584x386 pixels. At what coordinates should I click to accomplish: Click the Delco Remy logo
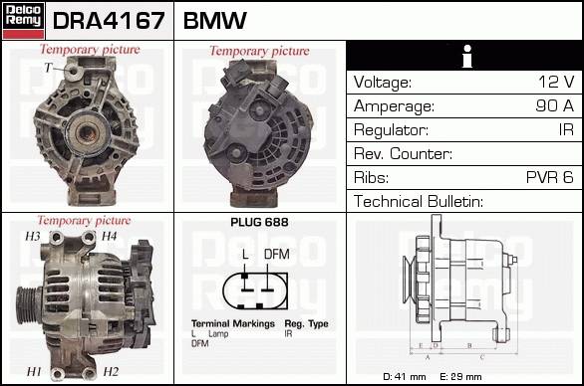click(23, 21)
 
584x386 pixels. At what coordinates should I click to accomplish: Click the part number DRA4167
click(109, 21)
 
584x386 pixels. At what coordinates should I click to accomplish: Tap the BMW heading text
click(215, 21)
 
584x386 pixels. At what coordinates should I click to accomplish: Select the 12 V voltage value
click(556, 82)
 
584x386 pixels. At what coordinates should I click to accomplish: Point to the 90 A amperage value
click(554, 105)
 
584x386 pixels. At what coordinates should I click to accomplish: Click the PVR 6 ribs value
click(550, 177)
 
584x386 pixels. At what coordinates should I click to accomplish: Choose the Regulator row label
click(391, 130)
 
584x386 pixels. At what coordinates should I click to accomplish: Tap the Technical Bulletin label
click(419, 202)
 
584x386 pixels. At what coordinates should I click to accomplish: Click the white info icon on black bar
click(467, 56)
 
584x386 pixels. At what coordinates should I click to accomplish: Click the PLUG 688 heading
click(259, 223)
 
